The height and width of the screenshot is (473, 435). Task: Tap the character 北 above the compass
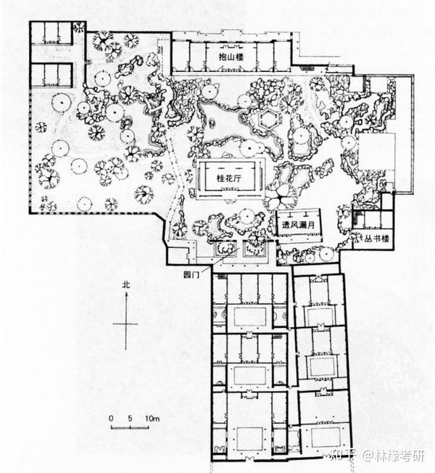[x=126, y=287]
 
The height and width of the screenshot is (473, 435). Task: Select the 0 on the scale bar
[x=111, y=419]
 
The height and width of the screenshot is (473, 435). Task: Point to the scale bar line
[x=130, y=427]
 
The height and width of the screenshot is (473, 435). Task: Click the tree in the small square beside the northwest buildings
[x=79, y=28]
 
